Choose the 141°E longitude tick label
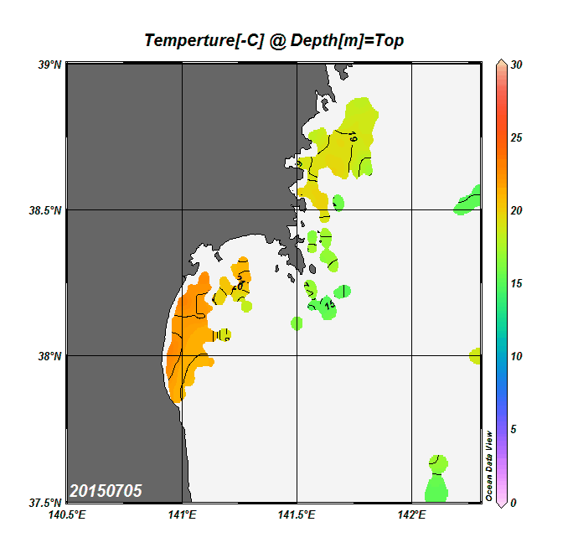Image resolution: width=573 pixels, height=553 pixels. pyautogui.click(x=182, y=515)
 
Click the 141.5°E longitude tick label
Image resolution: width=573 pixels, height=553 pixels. pyautogui.click(x=297, y=515)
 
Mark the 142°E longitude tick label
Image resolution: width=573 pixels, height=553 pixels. pyautogui.click(x=411, y=515)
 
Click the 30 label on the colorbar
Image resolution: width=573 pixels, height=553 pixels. pyautogui.click(x=516, y=65)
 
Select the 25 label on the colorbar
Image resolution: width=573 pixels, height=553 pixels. pyautogui.click(x=516, y=137)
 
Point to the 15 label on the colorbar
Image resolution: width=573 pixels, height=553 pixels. pyautogui.click(x=516, y=283)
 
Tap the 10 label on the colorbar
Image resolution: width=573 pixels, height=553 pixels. pyautogui.click(x=516, y=356)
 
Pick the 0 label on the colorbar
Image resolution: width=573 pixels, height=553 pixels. pyautogui.click(x=513, y=503)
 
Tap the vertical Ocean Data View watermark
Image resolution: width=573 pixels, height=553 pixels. pyautogui.click(x=489, y=466)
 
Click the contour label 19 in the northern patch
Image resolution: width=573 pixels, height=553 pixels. pyautogui.click(x=354, y=137)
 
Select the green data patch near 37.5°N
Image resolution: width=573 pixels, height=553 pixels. pyautogui.click(x=437, y=483)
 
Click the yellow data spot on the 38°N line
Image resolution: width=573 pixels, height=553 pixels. pyautogui.click(x=475, y=355)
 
